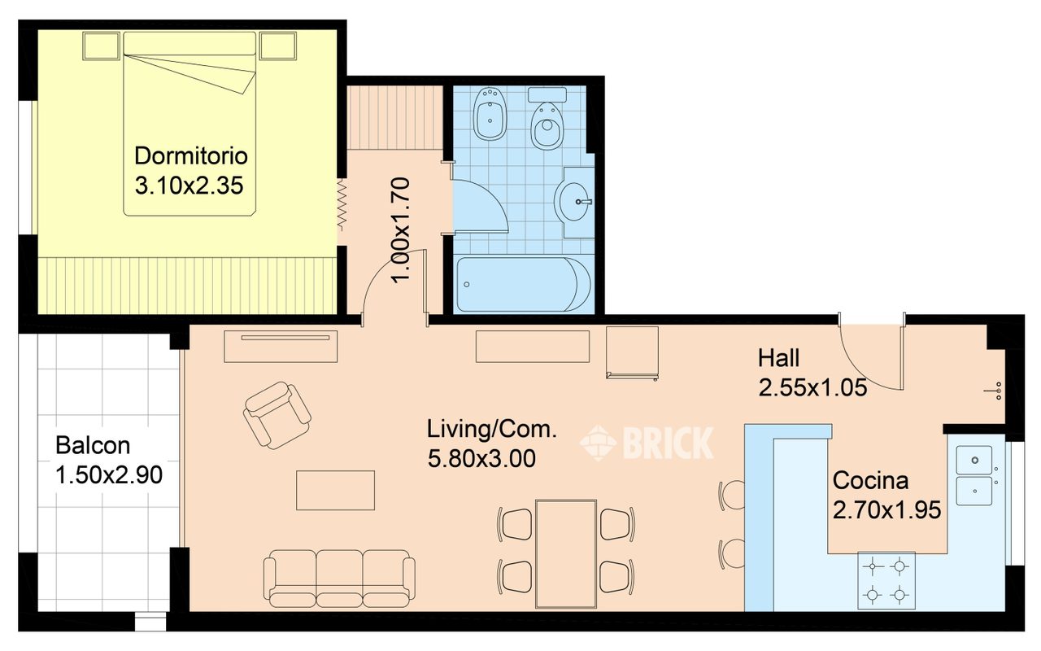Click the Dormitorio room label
click(190, 155)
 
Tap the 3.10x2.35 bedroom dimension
click(189, 186)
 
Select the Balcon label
click(93, 445)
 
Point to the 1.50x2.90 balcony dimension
click(109, 475)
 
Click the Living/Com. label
click(492, 429)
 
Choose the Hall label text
click(779, 358)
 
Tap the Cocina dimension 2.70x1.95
click(886, 510)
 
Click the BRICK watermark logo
click(647, 443)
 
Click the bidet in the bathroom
click(489, 113)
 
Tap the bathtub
click(524, 284)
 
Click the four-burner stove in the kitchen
click(886, 580)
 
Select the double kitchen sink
click(974, 476)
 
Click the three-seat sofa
click(339, 579)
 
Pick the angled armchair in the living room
click(277, 415)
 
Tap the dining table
click(565, 554)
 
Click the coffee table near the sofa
click(335, 490)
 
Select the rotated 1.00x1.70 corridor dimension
click(401, 230)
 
